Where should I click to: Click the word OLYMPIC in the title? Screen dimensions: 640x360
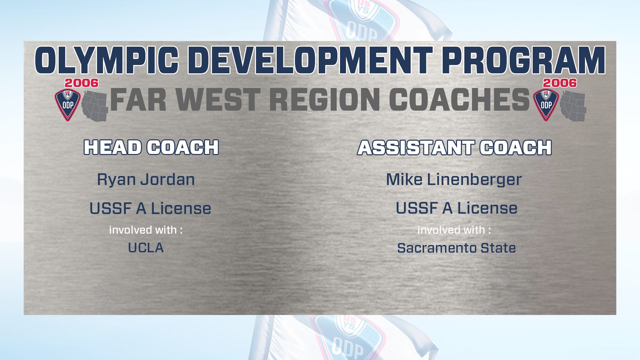tap(107, 60)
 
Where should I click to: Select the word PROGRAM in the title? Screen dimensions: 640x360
tap(524, 60)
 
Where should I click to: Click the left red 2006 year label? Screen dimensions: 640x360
tap(82, 83)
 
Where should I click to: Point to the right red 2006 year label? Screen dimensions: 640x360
tap(560, 83)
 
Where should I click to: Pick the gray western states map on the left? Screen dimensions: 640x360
tap(95, 106)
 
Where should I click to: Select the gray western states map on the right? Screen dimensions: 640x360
tap(573, 106)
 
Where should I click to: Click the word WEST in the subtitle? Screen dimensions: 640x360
tap(218, 100)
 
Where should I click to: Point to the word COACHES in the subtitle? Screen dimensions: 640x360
tap(459, 100)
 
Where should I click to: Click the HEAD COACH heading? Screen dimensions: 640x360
tap(151, 147)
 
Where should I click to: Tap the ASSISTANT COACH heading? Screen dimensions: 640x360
tap(455, 147)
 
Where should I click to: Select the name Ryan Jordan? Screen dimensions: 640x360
tap(146, 180)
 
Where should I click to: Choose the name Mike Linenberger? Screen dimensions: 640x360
tap(454, 180)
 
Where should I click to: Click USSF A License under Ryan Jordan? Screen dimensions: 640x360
tap(150, 209)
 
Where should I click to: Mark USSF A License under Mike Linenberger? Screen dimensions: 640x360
tap(457, 208)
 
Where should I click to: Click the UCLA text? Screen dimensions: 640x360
tap(146, 248)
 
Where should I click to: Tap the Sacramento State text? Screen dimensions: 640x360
tap(457, 248)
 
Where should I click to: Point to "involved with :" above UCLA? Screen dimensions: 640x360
tap(146, 230)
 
